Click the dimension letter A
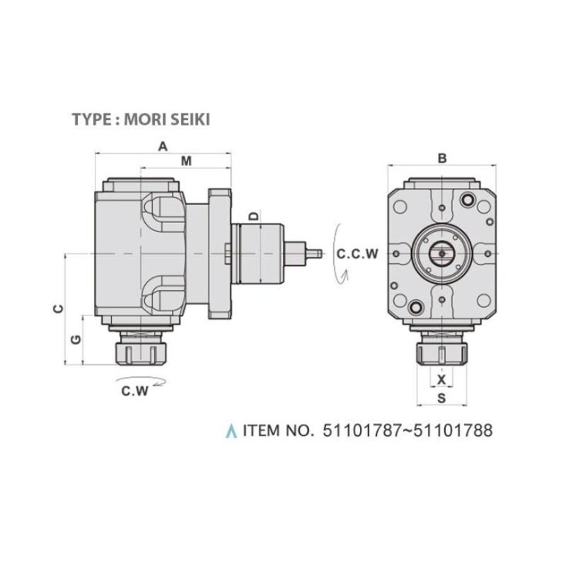163,146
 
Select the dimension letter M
186,161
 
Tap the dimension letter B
441,158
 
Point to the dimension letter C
58,308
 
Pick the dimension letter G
76,340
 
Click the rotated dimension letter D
254,216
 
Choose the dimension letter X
441,379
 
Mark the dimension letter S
441,398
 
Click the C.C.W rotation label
357,254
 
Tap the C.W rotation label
134,391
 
